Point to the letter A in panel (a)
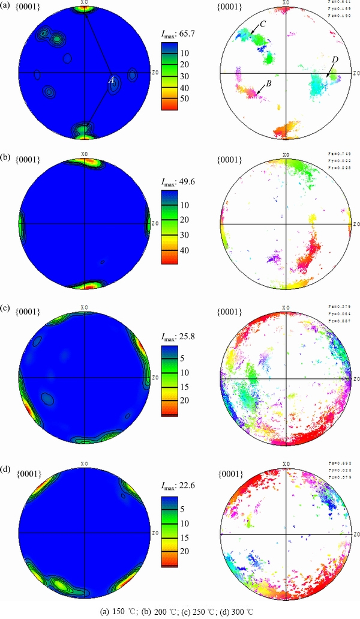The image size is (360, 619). pos(111,80)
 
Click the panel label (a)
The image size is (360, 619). pos(8,7)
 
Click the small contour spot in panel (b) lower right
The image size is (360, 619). pos(103,262)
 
